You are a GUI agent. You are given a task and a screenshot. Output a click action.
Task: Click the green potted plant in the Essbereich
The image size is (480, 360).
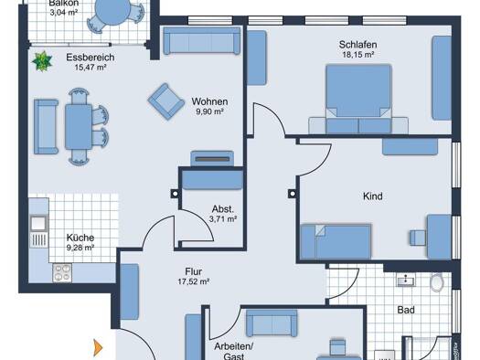42,61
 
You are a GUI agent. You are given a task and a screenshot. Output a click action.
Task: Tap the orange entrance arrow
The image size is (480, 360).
98,347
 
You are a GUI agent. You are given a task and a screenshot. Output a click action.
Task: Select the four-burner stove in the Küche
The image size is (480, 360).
62,273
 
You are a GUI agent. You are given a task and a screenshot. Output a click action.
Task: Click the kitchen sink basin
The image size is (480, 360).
38,223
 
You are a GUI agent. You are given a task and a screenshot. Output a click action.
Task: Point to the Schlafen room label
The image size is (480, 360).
357,45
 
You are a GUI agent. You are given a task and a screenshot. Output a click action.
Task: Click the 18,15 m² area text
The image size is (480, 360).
357,55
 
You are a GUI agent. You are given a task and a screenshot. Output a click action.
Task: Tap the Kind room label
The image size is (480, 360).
372,196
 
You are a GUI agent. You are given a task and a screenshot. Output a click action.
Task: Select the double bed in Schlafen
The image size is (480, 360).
358,99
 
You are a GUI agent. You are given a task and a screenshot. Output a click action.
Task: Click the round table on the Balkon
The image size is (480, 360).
112,12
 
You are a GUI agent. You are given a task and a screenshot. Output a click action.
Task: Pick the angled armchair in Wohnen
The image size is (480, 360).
166,101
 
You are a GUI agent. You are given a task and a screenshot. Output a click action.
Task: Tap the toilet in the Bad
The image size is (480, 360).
437,282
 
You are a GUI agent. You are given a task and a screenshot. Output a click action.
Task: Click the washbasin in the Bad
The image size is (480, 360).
406,281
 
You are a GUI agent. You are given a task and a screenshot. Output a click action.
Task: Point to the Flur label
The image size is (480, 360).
194,271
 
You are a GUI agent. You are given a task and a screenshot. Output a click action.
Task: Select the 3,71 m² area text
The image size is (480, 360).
223,219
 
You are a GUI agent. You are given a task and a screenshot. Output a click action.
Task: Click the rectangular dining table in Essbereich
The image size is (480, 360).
79,127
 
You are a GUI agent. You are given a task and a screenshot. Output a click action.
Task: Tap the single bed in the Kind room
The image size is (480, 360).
336,241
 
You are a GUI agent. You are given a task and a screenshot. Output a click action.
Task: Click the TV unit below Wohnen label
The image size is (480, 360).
212,159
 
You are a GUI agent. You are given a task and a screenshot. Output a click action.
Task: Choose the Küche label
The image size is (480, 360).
80,238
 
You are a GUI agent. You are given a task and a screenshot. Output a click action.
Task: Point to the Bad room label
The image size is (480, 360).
406,310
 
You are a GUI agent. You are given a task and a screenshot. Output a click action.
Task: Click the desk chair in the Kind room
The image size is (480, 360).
418,238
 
